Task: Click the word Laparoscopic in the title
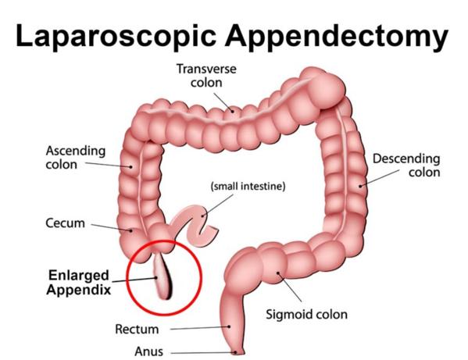pyautogui.click(x=116, y=36)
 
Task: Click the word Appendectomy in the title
pyautogui.click(x=337, y=36)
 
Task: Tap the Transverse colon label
pyautogui.click(x=206, y=76)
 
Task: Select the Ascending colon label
pyautogui.click(x=76, y=158)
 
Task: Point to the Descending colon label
pyautogui.click(x=406, y=166)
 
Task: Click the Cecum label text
pyautogui.click(x=65, y=223)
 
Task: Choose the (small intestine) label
pyautogui.click(x=248, y=187)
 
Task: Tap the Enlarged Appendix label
pyautogui.click(x=79, y=283)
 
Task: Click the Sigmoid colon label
pyautogui.click(x=306, y=315)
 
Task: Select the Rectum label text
pyautogui.click(x=137, y=330)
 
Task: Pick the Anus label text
pyautogui.click(x=148, y=351)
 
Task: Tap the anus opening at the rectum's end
pyautogui.click(x=238, y=352)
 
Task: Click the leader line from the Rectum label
pyautogui.click(x=200, y=328)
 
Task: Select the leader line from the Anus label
pyautogui.click(x=203, y=353)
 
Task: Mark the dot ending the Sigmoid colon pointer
pyautogui.click(x=278, y=273)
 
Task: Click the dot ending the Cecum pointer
pyautogui.click(x=130, y=230)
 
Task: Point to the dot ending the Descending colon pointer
pyautogui.click(x=360, y=186)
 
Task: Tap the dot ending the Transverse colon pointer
pyautogui.click(x=232, y=111)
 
